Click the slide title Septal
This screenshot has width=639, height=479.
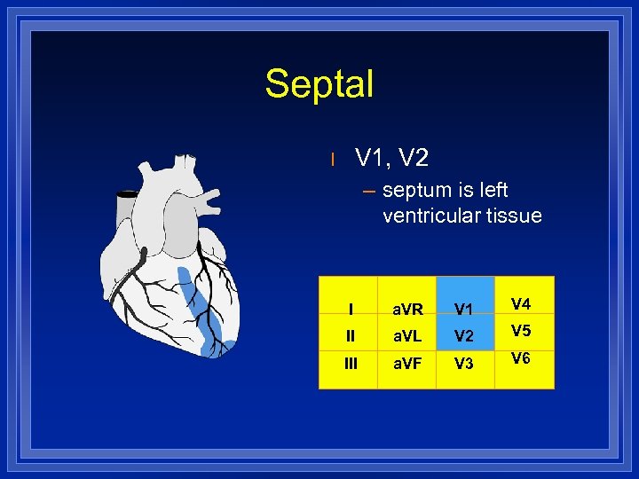click(x=319, y=84)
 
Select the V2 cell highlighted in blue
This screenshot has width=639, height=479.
click(x=464, y=336)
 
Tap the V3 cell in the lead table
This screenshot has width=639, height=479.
click(x=464, y=364)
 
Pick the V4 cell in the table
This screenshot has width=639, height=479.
click(x=522, y=304)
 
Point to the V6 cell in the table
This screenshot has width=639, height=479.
click(x=522, y=358)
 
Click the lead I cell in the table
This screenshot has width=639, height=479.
click(x=351, y=310)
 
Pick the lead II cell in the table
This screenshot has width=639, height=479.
click(x=351, y=336)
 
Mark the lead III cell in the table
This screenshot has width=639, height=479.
click(x=351, y=364)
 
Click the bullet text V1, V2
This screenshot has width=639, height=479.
click(x=391, y=159)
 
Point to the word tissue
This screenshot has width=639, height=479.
click(x=513, y=216)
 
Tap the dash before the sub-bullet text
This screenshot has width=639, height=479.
click(x=369, y=191)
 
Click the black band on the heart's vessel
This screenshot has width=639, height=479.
click(x=129, y=194)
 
